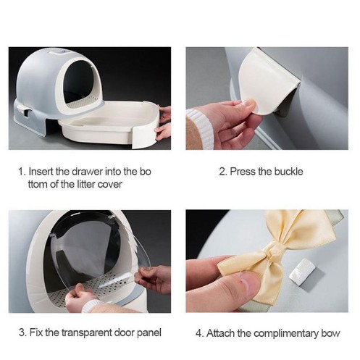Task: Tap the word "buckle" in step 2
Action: (x=288, y=172)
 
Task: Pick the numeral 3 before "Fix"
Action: (x=22, y=332)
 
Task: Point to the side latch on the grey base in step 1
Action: (x=24, y=112)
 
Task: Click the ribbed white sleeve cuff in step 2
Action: (x=201, y=128)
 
